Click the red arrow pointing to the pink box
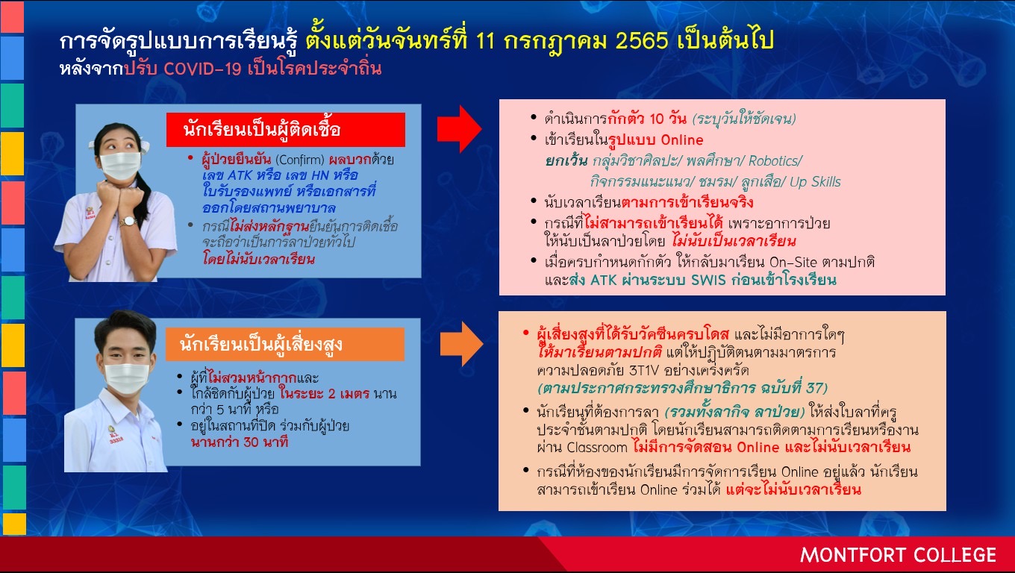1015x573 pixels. [x=459, y=129]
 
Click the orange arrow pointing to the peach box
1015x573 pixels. [x=461, y=344]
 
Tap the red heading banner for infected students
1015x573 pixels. [x=285, y=130]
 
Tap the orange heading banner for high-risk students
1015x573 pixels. [x=284, y=344]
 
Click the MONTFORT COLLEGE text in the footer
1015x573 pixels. [x=898, y=555]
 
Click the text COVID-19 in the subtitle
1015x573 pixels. [x=202, y=69]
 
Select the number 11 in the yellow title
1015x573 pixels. [x=485, y=41]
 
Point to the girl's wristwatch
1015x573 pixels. [x=128, y=222]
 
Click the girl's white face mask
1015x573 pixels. [x=119, y=166]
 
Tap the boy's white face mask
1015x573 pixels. [x=126, y=378]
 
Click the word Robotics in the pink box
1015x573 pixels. [x=775, y=161]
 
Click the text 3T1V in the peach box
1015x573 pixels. [x=643, y=371]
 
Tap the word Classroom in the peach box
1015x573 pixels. [x=597, y=448]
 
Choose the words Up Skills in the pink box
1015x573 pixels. [x=815, y=182]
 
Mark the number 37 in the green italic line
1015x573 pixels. [x=814, y=388]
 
